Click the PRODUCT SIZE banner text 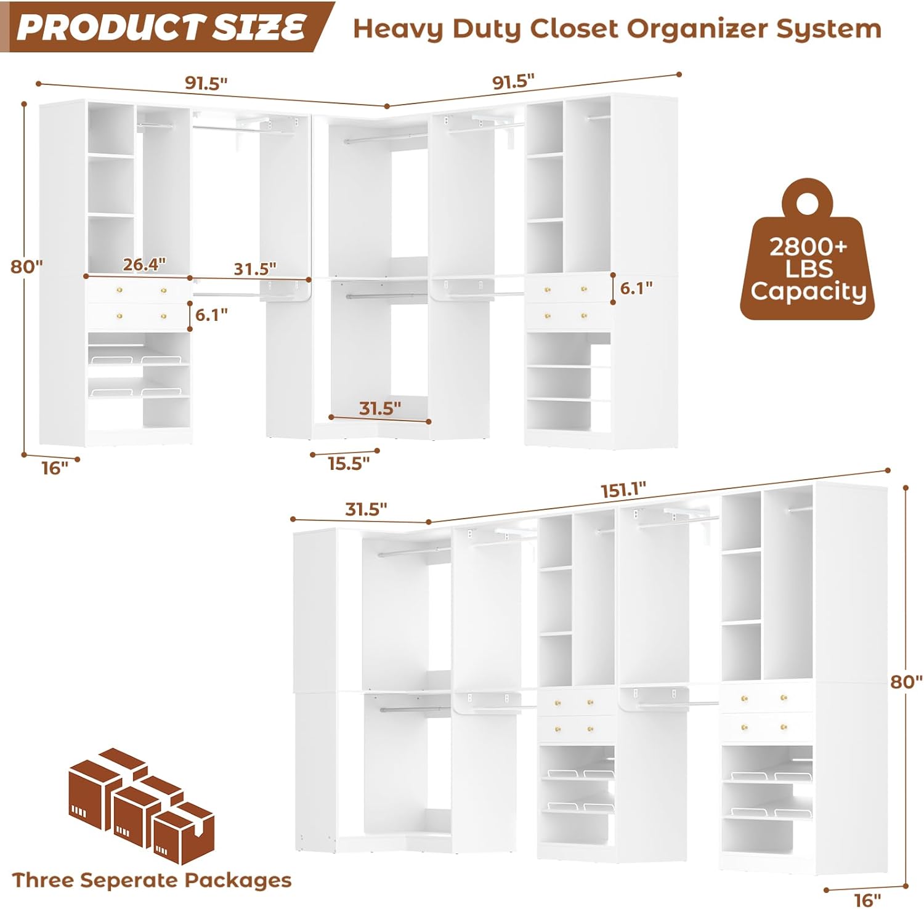161,27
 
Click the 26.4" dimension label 144,264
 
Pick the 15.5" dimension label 349,463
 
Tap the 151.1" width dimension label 623,490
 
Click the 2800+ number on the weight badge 808,247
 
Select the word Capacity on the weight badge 808,291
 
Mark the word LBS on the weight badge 808,269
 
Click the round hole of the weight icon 806,203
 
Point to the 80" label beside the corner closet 26,267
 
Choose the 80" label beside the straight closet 906,681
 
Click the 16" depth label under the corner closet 55,468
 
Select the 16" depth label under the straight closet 867,900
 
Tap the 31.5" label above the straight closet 366,509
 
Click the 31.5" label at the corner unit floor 380,408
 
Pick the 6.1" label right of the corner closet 636,288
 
